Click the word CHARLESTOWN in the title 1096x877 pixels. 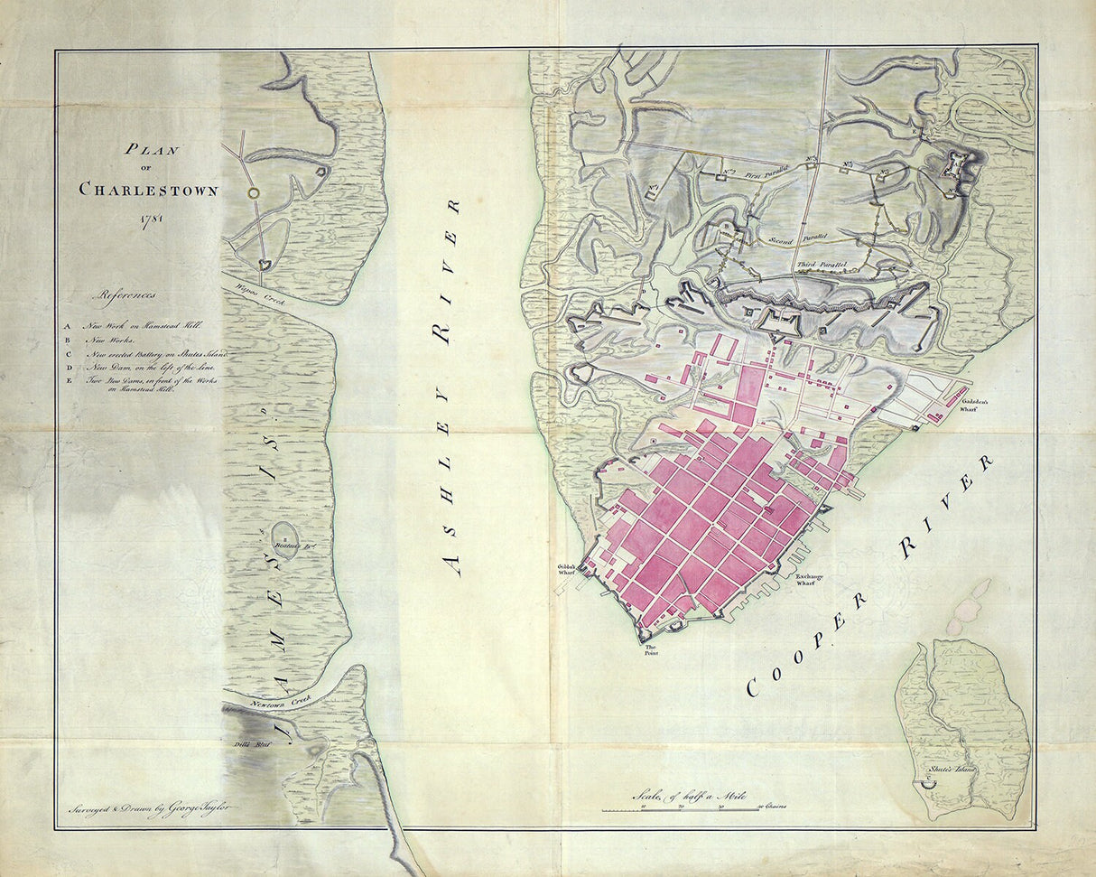point(148,190)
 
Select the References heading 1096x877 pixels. point(128,294)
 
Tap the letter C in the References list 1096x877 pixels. point(68,355)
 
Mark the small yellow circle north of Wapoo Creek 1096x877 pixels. point(254,192)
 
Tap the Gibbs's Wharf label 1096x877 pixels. point(567,569)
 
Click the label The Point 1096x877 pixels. point(649,650)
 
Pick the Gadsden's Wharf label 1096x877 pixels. point(978,403)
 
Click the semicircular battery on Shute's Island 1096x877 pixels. point(926,787)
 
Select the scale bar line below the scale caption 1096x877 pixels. point(681,810)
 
